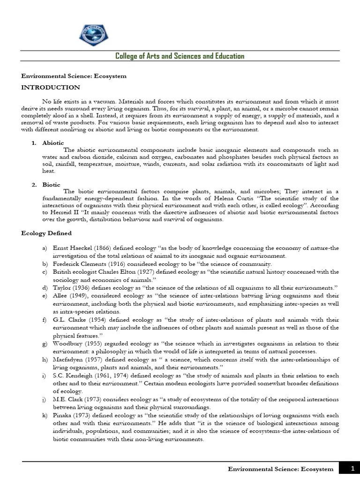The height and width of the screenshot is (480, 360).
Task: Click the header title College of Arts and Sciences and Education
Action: pos(180,56)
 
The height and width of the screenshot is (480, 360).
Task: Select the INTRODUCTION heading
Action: pos(51,87)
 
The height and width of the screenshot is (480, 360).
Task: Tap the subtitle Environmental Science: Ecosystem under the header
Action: pos(74,76)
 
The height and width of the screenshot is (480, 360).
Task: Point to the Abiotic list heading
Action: pos(53,142)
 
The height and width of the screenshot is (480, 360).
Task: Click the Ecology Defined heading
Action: pos(47,233)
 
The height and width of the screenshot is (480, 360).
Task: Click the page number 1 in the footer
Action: pos(352,468)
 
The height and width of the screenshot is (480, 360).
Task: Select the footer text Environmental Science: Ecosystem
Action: pos(280,469)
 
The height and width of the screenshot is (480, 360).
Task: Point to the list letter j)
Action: pos(44,399)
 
